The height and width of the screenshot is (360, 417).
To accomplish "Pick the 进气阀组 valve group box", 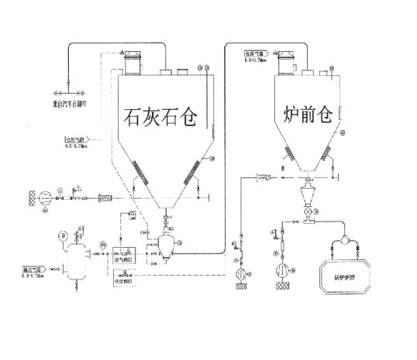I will pos(124,255).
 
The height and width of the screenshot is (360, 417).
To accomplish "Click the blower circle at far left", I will pos(45,197).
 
